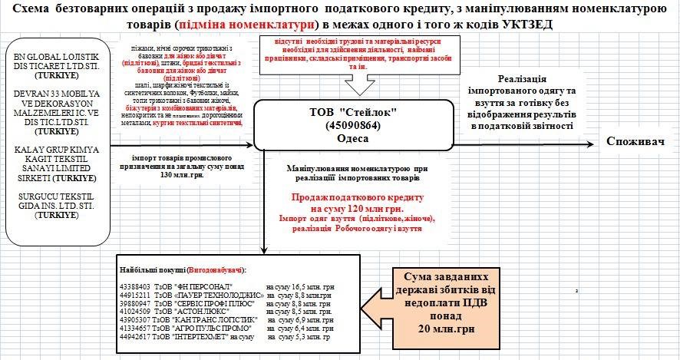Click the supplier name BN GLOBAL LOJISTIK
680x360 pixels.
coord(53,58)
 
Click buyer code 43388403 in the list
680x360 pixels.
coord(136,286)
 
